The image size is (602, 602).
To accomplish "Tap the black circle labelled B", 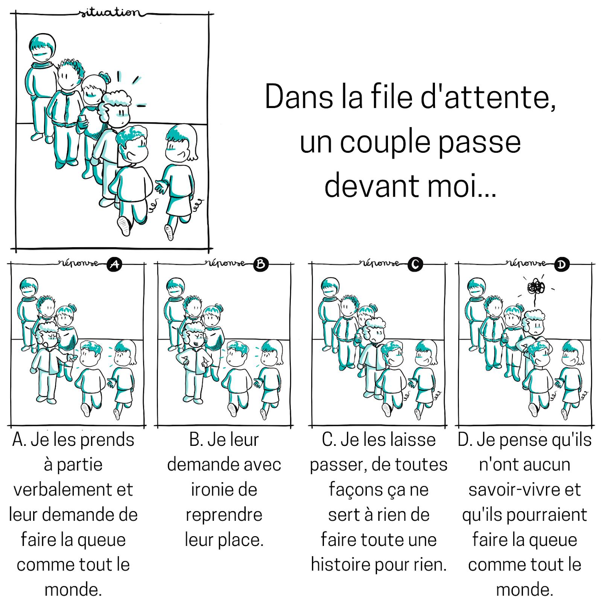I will pos(261,265).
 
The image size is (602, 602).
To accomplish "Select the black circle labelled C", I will pos(415,265).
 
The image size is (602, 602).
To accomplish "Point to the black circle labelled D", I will pos(561,265).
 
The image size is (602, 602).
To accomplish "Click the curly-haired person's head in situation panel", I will pos(118,109).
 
